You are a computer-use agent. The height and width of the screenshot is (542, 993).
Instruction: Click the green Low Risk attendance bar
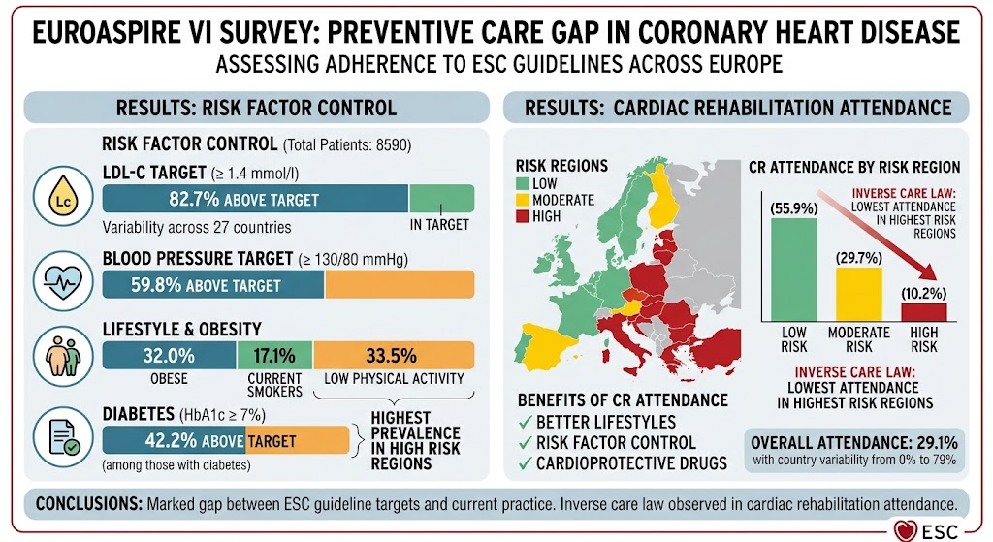pyautogui.click(x=793, y=270)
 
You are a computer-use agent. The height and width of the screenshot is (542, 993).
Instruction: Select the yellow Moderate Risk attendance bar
pyautogui.click(x=859, y=295)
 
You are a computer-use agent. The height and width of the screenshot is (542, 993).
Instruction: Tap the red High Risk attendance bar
pyautogui.click(x=924, y=312)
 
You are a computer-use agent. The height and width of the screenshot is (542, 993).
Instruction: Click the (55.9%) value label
pyautogui.click(x=793, y=208)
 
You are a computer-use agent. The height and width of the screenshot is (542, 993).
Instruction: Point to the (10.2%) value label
pyautogui.click(x=924, y=293)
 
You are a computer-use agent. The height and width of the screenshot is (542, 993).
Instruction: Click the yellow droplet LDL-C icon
pyautogui.click(x=63, y=197)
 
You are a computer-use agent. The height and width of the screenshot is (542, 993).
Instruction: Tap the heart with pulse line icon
pyautogui.click(x=63, y=280)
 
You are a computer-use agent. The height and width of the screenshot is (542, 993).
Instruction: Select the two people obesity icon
pyautogui.click(x=63, y=357)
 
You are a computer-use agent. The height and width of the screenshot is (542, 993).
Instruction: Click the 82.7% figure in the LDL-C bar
pyautogui.click(x=194, y=200)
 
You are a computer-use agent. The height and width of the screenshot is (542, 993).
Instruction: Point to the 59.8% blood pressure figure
pyautogui.click(x=156, y=286)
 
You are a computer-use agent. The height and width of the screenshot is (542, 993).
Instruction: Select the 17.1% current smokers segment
pyautogui.click(x=274, y=355)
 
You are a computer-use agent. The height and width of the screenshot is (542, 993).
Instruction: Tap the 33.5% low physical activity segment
pyautogui.click(x=394, y=355)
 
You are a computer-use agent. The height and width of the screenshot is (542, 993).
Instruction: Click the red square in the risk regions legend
pyautogui.click(x=522, y=216)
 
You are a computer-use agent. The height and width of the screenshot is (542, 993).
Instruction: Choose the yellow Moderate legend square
pyautogui.click(x=522, y=200)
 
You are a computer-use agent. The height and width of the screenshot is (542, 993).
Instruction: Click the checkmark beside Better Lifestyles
pyautogui.click(x=525, y=422)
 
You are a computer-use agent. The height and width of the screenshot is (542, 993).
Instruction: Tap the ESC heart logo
pyautogui.click(x=907, y=530)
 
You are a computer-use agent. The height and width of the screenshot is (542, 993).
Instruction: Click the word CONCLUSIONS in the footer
pyautogui.click(x=88, y=504)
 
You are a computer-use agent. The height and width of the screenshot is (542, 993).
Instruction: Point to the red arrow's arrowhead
pyautogui.click(x=928, y=271)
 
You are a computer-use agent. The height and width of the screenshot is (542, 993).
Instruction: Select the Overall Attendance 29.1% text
pyautogui.click(x=854, y=442)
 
